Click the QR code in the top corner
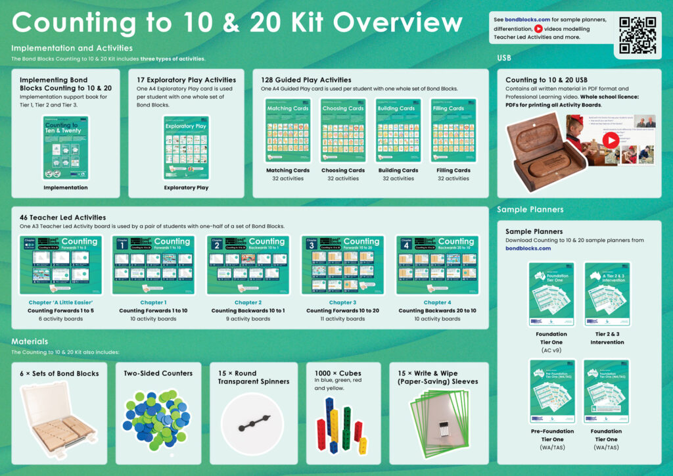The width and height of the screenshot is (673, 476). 638,36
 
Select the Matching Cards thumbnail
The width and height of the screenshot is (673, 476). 288,130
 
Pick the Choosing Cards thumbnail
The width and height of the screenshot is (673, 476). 343,130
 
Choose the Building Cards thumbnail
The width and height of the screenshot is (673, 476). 398,130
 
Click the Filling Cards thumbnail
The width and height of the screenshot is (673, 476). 453,130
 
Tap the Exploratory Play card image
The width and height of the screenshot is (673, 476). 186,148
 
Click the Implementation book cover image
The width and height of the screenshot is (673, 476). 66,147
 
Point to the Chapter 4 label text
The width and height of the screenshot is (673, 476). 437,302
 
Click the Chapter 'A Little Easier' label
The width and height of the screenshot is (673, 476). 60,302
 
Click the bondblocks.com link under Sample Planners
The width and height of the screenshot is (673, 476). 528,249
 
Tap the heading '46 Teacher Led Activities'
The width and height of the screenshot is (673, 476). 62,217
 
